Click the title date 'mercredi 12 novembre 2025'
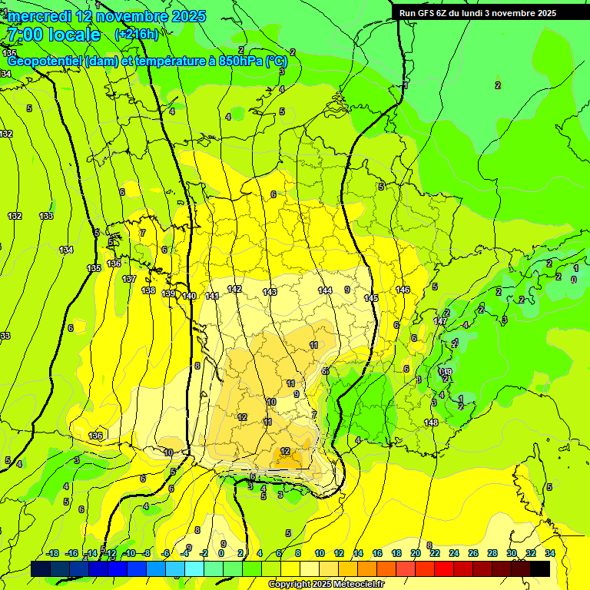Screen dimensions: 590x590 [x=107, y=16]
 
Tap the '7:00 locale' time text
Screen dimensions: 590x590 [x=53, y=35]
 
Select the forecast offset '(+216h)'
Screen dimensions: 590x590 [x=137, y=35]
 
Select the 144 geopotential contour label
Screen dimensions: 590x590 [x=325, y=290]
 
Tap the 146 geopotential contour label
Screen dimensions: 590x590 [x=403, y=290]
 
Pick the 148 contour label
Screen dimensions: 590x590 [x=431, y=423]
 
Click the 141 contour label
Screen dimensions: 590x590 [x=213, y=296]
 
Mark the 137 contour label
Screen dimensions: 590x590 [x=129, y=279]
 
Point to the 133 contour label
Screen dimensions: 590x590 [x=46, y=216]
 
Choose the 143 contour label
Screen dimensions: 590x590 [x=270, y=292]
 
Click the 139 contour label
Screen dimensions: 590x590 [x=169, y=293]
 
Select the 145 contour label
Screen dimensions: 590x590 [x=371, y=297]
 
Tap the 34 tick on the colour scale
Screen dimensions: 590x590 [x=549, y=553]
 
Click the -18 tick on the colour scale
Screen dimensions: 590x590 [x=52, y=553]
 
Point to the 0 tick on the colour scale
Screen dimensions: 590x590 [x=221, y=553]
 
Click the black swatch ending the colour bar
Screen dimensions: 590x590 [x=540, y=568]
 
